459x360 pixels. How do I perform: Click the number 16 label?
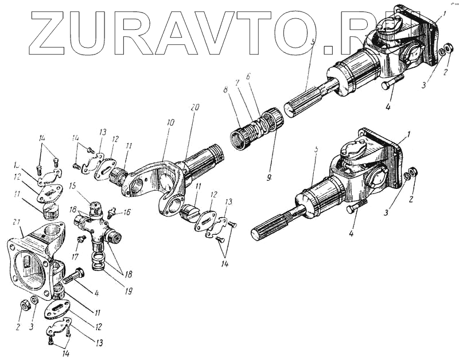(x=126, y=212)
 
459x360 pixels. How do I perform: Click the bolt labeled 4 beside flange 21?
(x=74, y=276)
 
